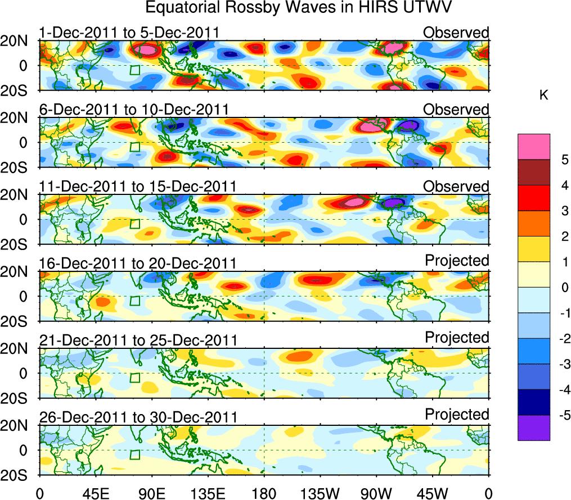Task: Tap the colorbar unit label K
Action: click(543, 96)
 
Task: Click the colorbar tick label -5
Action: click(561, 415)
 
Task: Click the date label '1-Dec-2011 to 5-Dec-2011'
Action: click(129, 33)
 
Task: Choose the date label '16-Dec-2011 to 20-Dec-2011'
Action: click(138, 263)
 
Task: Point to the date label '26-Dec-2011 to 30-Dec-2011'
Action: click(138, 417)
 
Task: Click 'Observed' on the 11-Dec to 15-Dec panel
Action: click(456, 187)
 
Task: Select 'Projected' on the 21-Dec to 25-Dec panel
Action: click(457, 338)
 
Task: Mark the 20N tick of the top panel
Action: click(17, 41)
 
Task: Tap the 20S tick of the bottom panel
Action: click(17, 474)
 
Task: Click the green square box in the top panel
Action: click(134, 70)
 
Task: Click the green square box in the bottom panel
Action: click(134, 454)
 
